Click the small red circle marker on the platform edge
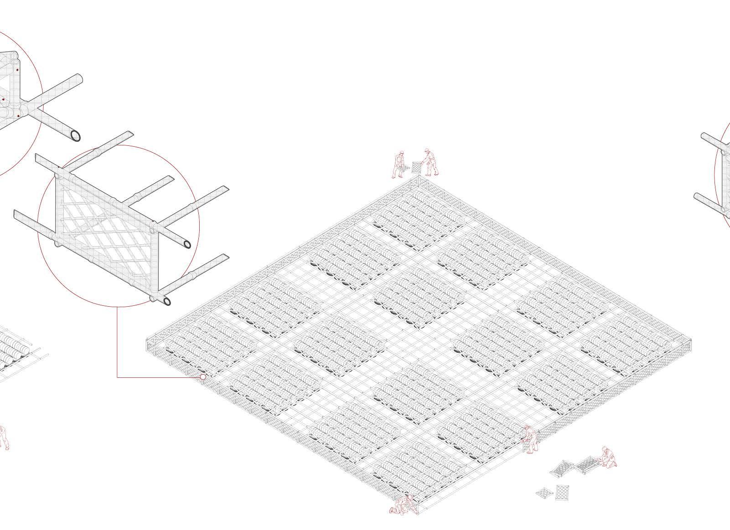pos(203,377)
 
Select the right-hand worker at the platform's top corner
pos(430,162)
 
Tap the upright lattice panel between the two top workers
pos(416,167)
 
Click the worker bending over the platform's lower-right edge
pos(530,439)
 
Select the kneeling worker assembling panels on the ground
pos(607,457)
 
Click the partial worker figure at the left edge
pos(4,437)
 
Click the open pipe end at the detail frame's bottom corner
pos(167,301)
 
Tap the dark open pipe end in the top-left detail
pos(76,135)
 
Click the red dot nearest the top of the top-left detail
pos(16,70)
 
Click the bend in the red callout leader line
pos(117,377)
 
